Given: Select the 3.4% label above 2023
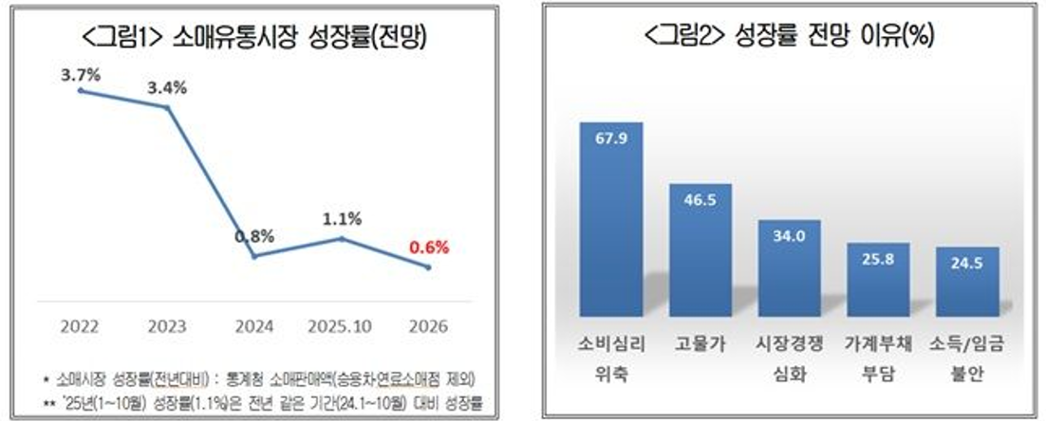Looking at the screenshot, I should point(167,88).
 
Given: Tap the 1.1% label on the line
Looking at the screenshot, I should point(342,218).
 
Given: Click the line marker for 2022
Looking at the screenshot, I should point(81,90).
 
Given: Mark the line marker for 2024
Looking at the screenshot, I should point(254,256).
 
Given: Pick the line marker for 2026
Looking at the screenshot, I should point(429,267).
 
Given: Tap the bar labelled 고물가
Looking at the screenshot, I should point(700,251).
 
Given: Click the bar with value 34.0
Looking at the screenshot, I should point(788,269).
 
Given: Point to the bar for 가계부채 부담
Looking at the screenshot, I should point(877,281).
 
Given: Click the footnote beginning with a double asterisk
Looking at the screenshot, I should point(261,404).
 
